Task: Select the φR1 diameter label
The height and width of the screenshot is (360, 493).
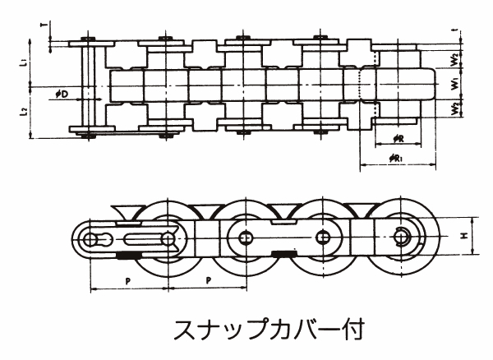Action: point(397,156)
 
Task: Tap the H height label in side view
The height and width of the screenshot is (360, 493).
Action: point(465,237)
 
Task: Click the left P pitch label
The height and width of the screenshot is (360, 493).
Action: point(128,280)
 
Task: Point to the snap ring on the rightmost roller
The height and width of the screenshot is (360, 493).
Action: point(403,237)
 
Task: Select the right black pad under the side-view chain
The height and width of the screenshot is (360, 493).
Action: point(279,254)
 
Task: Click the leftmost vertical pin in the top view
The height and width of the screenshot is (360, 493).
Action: point(90,87)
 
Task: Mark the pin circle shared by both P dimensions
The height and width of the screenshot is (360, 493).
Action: point(168,238)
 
